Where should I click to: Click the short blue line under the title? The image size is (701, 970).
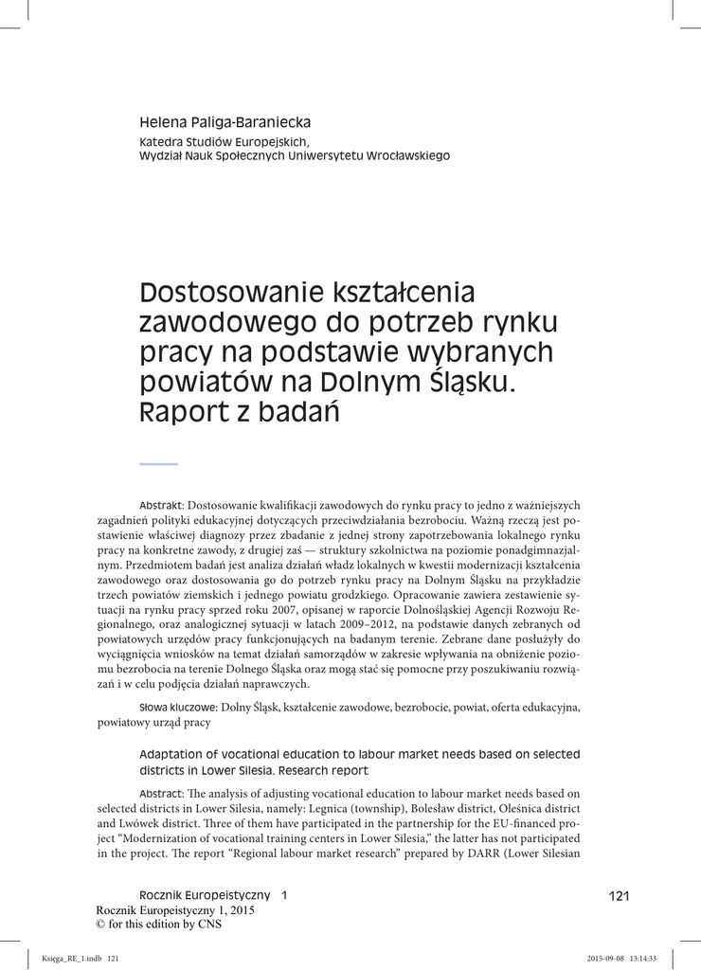(x=158, y=463)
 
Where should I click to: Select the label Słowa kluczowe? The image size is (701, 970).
(x=178, y=707)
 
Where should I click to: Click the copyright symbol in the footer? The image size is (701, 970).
(x=103, y=925)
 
